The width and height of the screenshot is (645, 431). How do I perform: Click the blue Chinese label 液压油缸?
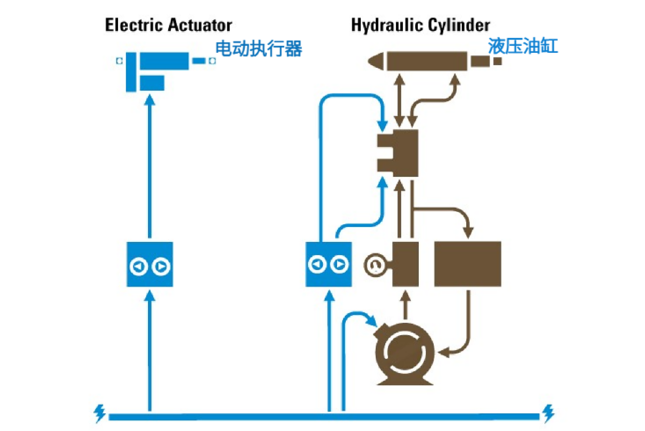(522, 46)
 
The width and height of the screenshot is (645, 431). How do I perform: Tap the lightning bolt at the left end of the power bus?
(99, 413)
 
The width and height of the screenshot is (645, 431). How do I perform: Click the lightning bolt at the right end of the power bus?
(549, 413)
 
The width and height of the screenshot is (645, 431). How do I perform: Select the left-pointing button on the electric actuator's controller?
(139, 266)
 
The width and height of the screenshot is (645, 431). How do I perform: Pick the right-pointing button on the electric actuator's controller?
(161, 266)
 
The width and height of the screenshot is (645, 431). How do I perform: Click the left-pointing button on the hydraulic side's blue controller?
(317, 264)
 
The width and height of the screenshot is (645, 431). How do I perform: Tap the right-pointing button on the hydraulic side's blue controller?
(339, 264)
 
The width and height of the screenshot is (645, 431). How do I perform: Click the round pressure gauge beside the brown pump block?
(375, 265)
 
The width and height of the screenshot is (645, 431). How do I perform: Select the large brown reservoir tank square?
(467, 264)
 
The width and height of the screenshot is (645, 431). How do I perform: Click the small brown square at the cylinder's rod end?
(497, 61)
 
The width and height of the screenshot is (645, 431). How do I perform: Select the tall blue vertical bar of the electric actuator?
(131, 72)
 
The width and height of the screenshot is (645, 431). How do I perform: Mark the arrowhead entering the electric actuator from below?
(150, 100)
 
